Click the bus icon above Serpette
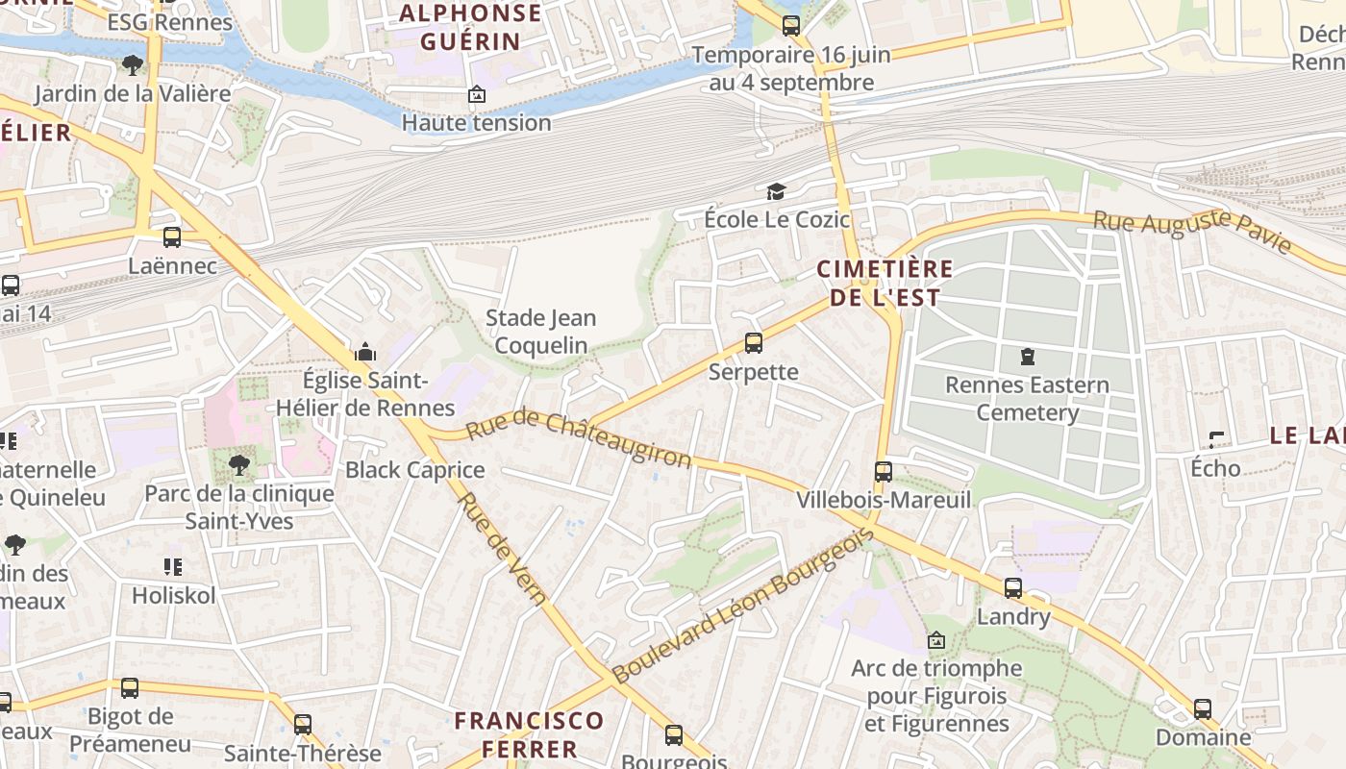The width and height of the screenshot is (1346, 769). (x=754, y=343)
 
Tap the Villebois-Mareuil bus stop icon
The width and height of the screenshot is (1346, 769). (x=883, y=472)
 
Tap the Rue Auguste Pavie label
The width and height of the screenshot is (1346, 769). (x=1192, y=232)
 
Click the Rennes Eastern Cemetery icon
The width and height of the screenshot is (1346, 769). (x=1028, y=358)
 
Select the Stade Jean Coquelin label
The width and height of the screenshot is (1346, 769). (x=540, y=331)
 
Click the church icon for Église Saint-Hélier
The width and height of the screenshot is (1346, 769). (x=365, y=352)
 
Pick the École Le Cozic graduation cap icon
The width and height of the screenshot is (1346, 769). (x=776, y=192)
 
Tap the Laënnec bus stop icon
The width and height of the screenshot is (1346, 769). (x=172, y=236)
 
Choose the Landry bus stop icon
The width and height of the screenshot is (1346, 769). (x=1013, y=588)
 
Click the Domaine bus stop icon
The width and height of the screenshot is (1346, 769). (x=1203, y=709)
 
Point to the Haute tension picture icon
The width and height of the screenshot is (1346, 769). (x=476, y=94)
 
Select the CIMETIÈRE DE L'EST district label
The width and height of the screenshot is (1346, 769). (x=885, y=283)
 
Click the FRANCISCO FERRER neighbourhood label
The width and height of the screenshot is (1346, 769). (x=529, y=734)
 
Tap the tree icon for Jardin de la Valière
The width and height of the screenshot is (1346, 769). (x=132, y=64)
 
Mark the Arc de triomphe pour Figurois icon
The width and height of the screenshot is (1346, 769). (x=935, y=639)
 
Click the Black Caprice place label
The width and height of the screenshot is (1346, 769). (x=415, y=470)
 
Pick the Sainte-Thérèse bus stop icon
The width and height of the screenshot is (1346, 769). (x=303, y=725)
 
